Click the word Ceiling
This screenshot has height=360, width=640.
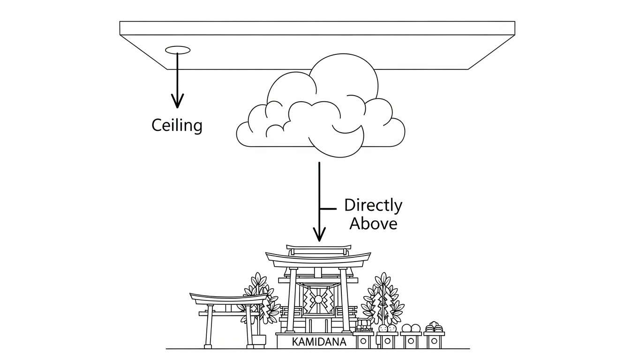[177, 125]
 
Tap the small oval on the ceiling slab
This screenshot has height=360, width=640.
[178, 50]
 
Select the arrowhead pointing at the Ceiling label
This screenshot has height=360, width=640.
[177, 100]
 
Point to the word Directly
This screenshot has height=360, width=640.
[373, 206]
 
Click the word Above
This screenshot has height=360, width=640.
[373, 224]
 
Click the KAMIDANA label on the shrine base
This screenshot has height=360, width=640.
[319, 342]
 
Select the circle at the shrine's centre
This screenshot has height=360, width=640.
[319, 299]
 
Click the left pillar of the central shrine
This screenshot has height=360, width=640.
[293, 300]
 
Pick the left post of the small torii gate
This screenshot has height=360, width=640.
[208, 328]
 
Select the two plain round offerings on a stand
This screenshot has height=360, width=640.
[410, 328]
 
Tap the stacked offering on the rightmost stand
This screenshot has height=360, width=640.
[434, 327]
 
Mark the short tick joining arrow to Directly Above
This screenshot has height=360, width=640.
[328, 208]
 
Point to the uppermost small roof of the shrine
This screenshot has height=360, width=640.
[319, 247]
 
